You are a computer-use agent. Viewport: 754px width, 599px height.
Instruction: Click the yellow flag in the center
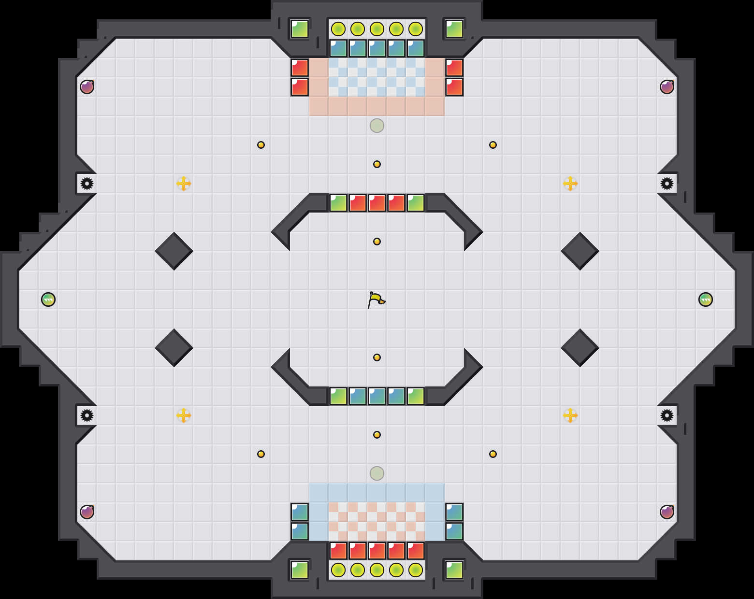[x=376, y=299]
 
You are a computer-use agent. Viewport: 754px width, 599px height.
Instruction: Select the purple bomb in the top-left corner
[x=87, y=87]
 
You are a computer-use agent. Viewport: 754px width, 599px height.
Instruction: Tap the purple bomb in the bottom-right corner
[x=667, y=512]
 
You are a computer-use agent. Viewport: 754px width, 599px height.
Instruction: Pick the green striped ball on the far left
[x=48, y=299]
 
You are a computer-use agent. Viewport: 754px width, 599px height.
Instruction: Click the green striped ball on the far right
[x=706, y=299]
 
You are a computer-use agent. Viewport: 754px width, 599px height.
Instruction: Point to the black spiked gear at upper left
[x=87, y=184]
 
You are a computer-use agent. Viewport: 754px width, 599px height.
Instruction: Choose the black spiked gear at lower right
[x=667, y=415]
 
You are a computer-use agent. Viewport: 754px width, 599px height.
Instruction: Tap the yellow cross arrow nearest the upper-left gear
[x=184, y=184]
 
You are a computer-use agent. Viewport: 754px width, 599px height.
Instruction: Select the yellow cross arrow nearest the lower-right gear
[x=570, y=415]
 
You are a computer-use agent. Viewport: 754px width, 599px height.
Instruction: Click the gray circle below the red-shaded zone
[x=377, y=126]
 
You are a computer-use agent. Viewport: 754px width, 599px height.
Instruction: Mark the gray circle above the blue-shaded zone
[x=377, y=473]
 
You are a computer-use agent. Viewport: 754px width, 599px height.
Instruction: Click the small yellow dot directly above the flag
[x=377, y=242]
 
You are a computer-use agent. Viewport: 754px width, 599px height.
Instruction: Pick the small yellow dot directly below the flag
[x=377, y=357]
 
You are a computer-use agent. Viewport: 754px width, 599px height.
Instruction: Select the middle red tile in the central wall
[x=377, y=203]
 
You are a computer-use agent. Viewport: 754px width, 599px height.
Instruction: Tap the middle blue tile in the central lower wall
[x=377, y=396]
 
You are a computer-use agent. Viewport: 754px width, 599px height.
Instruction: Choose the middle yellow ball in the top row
[x=377, y=29]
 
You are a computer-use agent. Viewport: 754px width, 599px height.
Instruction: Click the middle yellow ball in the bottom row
[x=377, y=570]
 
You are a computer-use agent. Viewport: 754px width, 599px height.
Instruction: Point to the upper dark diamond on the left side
[x=174, y=251]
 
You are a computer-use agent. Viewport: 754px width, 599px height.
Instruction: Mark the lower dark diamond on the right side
[x=580, y=348]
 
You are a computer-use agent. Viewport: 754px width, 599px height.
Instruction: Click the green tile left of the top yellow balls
[x=300, y=29]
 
